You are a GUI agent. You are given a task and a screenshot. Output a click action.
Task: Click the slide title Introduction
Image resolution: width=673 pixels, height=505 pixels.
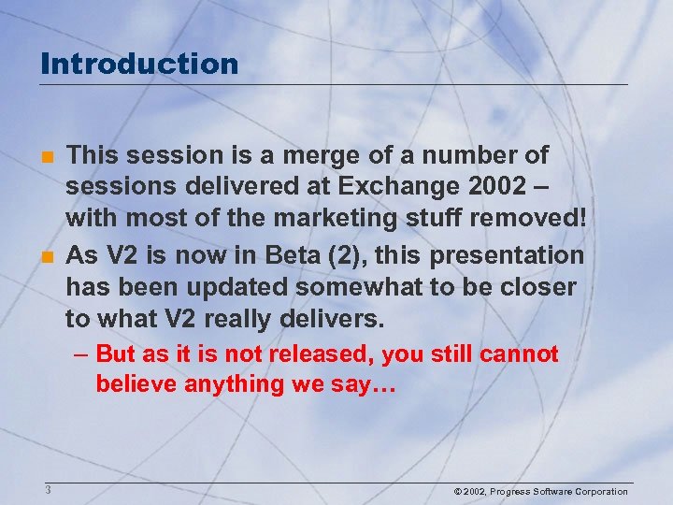pos(140,64)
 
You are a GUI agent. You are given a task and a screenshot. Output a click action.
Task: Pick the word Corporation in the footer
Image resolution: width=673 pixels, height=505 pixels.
pos(597,491)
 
